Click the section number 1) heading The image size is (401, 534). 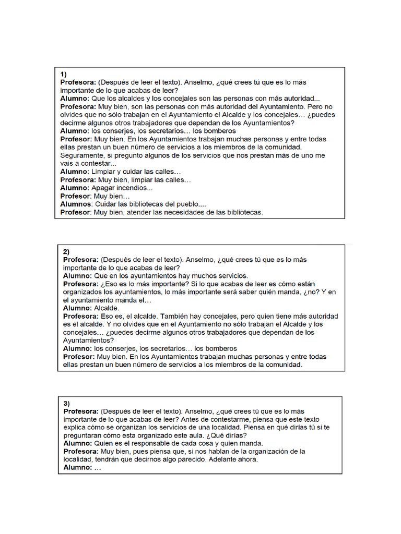coord(63,74)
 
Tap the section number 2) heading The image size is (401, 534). coord(66,251)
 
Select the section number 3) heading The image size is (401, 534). coord(67,404)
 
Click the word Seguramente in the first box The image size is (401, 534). coord(81,155)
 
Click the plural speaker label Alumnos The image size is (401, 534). coord(76,204)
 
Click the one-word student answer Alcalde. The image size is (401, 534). coord(107,308)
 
